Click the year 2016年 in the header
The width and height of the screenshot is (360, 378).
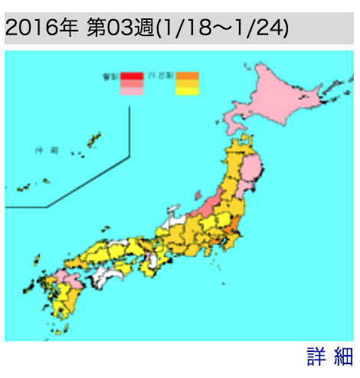tap(41, 28)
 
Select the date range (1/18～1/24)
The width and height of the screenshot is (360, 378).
tap(222, 28)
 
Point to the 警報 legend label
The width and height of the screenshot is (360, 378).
tap(111, 76)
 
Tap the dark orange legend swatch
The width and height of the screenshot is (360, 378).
tap(188, 75)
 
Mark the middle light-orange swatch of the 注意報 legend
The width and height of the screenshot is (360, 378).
tap(188, 83)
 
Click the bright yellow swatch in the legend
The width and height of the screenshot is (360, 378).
tap(188, 90)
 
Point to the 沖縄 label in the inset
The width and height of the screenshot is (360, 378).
tap(48, 152)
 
